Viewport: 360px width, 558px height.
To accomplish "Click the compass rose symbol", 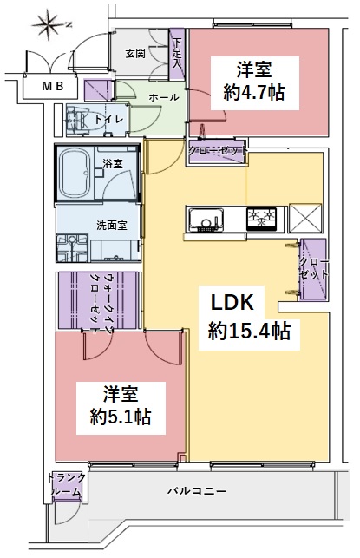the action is [49, 24].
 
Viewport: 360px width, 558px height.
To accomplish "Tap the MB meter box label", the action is [53, 86].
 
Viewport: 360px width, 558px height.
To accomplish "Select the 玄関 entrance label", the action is [135, 54].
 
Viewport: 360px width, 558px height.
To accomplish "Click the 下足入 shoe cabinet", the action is [176, 55].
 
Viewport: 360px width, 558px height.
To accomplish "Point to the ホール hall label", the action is [164, 97].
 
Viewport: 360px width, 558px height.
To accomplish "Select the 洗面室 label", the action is [112, 226].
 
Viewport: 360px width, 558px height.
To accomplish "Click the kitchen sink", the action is [206, 219].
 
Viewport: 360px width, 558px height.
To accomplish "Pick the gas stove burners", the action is [261, 218].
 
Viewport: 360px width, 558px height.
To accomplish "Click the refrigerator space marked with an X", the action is [305, 218].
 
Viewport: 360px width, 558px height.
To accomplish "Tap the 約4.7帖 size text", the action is [254, 93].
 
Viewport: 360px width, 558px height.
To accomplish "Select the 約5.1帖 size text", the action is [121, 417].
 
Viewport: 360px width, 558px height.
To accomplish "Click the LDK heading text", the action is [232, 304].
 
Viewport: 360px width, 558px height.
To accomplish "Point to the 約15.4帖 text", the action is [249, 331].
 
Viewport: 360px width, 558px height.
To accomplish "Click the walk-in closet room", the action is [98, 301].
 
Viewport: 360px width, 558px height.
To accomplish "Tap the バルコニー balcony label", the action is [197, 491].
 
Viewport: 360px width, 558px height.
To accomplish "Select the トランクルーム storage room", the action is [66, 487].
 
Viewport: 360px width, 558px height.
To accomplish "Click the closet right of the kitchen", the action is [313, 269].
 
